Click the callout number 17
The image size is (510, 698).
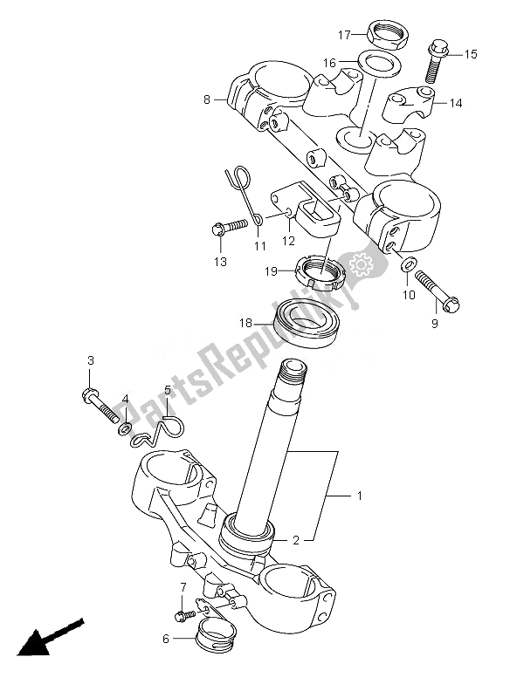click(344, 34)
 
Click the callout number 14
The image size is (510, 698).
click(456, 103)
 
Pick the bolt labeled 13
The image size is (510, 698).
click(229, 228)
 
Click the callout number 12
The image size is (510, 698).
click(288, 241)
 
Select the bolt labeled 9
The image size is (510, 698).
click(438, 291)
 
